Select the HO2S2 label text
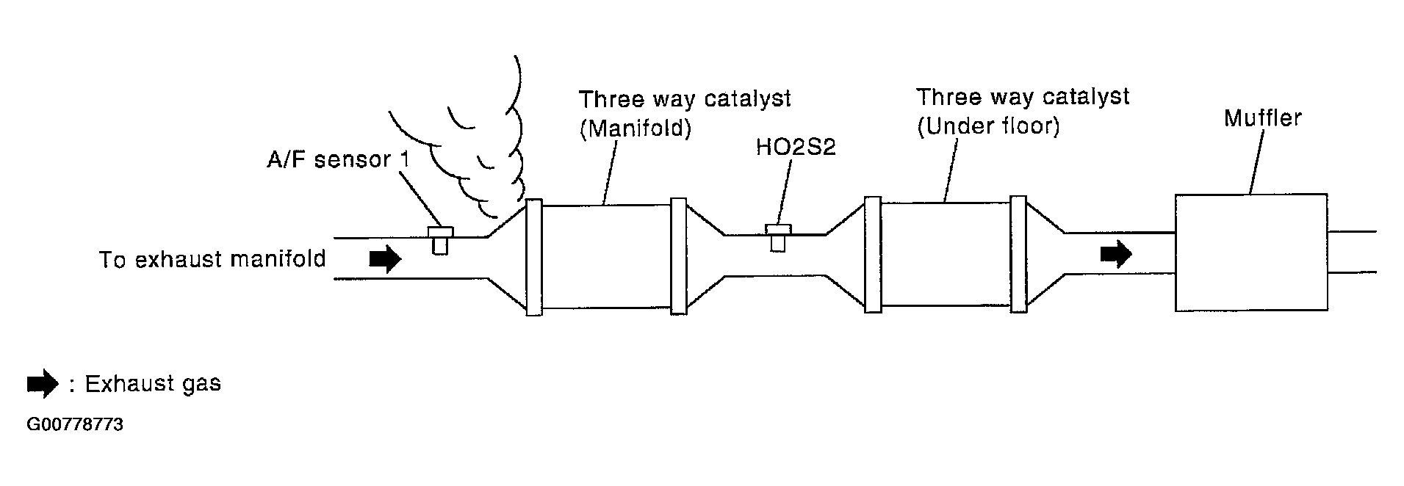[796, 148]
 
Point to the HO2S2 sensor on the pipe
[778, 236]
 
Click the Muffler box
[1250, 253]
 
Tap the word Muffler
[1262, 118]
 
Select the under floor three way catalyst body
[946, 254]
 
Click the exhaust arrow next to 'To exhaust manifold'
[385, 258]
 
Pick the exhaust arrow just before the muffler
[1116, 254]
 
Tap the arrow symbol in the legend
[43, 383]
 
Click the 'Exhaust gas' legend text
[153, 384]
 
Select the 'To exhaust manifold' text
[212, 259]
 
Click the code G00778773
[75, 425]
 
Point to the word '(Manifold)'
[636, 129]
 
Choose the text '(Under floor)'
[988, 127]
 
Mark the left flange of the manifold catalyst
[534, 257]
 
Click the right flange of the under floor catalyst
[1018, 255]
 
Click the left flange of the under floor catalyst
[873, 255]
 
